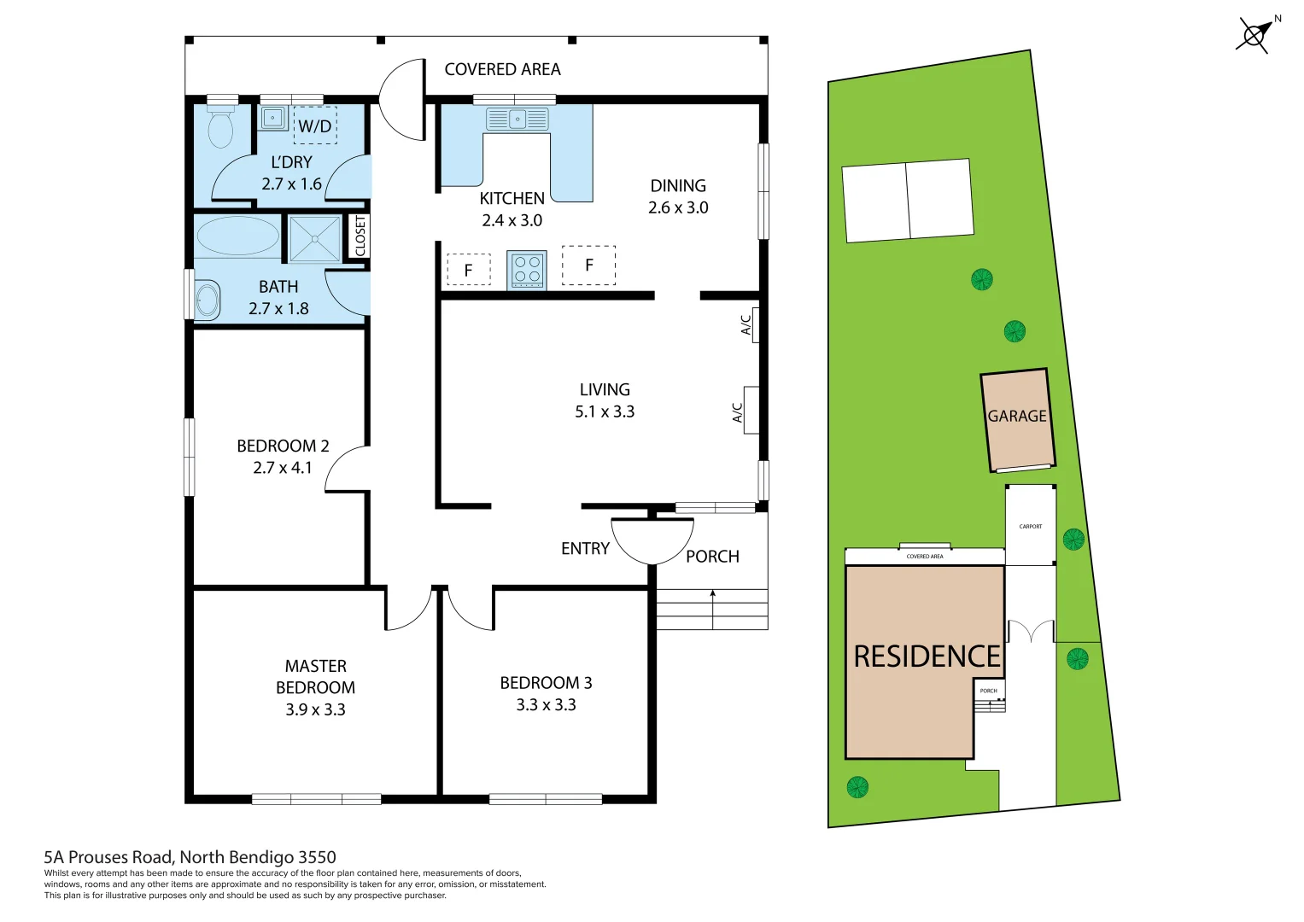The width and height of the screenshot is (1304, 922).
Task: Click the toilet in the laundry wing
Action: pos(221,129)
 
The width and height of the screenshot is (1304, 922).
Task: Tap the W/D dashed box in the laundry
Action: pos(315,125)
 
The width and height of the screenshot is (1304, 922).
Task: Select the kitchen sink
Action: pos(517,119)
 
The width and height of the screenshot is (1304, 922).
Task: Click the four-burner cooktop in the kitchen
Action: pos(527,270)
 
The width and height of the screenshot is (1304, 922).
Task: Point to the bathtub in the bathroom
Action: pos(238,236)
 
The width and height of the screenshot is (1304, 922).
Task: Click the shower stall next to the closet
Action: pos(314,238)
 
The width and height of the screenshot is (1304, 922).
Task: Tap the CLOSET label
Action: pos(360,236)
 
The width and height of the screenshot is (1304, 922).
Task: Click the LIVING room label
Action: pos(605,389)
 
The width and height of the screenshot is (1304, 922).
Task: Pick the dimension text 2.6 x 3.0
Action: pos(678,207)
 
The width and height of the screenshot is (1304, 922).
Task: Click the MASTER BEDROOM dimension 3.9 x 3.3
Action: pos(315,709)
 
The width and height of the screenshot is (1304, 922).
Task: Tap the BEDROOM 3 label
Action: pos(546,683)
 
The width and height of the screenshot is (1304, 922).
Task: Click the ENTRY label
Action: pos(585,549)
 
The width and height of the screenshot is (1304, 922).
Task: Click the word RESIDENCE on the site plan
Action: pos(927,656)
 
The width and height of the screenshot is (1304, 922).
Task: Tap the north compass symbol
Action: pos(1254,35)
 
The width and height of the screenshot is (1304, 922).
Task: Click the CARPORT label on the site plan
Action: pos(1031,527)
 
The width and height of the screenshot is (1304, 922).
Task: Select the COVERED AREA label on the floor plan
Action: pos(502,69)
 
